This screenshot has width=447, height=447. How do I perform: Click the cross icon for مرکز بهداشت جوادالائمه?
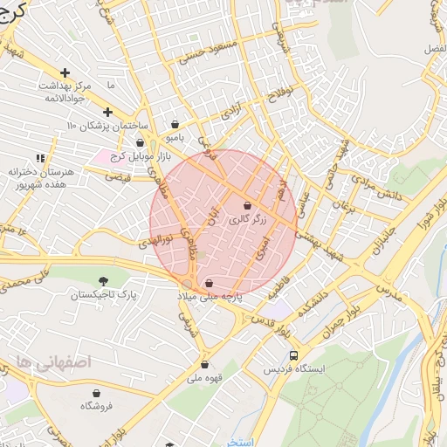(65, 72)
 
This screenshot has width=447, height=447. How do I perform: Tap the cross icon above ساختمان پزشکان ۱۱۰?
(107, 112)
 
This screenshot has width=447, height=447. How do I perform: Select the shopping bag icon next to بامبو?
(177, 124)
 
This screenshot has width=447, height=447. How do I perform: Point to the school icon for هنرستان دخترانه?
(38, 159)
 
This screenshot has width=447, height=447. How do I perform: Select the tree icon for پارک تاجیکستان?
(103, 281)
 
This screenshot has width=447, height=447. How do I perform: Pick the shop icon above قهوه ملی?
(205, 365)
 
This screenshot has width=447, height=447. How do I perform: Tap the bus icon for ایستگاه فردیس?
(293, 355)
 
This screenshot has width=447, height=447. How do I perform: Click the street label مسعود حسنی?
(207, 50)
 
